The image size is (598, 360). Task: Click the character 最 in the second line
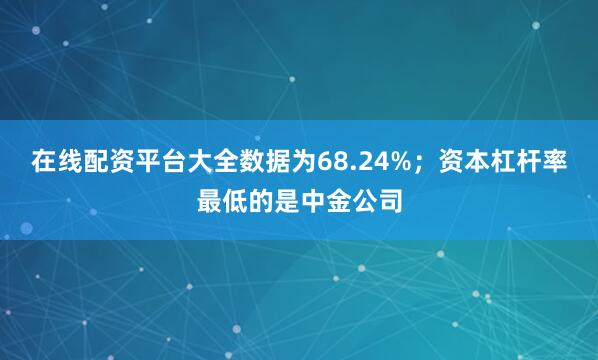coord(209,203)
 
